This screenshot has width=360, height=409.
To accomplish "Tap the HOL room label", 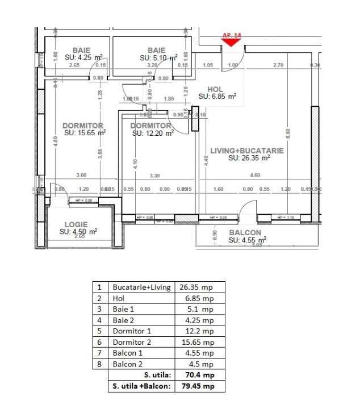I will click(215, 89).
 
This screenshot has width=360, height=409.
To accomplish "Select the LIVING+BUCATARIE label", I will click(248, 151).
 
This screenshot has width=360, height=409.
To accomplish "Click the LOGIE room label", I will click(76, 224).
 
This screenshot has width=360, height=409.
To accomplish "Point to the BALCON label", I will click(245, 233).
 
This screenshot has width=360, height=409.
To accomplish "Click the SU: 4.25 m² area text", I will click(83, 57).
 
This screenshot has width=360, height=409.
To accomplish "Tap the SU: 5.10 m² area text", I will click(158, 57).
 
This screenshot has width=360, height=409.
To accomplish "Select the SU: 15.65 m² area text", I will click(85, 133).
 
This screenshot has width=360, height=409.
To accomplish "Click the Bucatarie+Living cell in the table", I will click(141, 287).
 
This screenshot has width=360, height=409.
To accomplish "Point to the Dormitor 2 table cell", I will click(132, 343).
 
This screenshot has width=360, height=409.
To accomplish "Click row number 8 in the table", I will click(99, 365).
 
